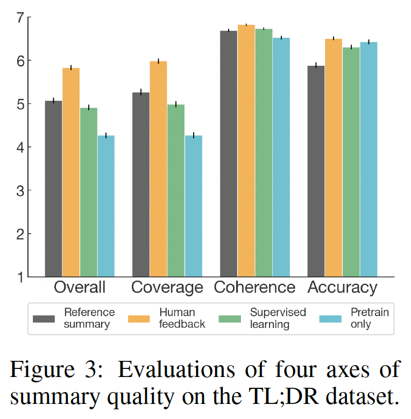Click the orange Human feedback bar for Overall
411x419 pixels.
(x=71, y=172)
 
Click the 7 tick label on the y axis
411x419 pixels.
(x=21, y=18)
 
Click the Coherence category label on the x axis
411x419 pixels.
(x=254, y=288)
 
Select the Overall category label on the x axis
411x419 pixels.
(x=80, y=288)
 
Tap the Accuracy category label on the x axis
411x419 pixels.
(x=342, y=288)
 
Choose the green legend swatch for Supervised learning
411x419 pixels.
(x=231, y=319)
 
